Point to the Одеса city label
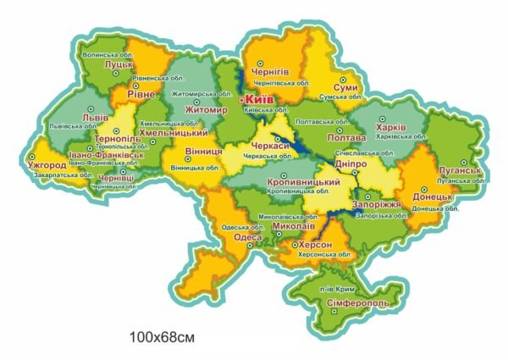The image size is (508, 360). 247,237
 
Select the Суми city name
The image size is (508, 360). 345,87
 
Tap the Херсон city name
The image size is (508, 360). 317,244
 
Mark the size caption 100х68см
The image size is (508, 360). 162,337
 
